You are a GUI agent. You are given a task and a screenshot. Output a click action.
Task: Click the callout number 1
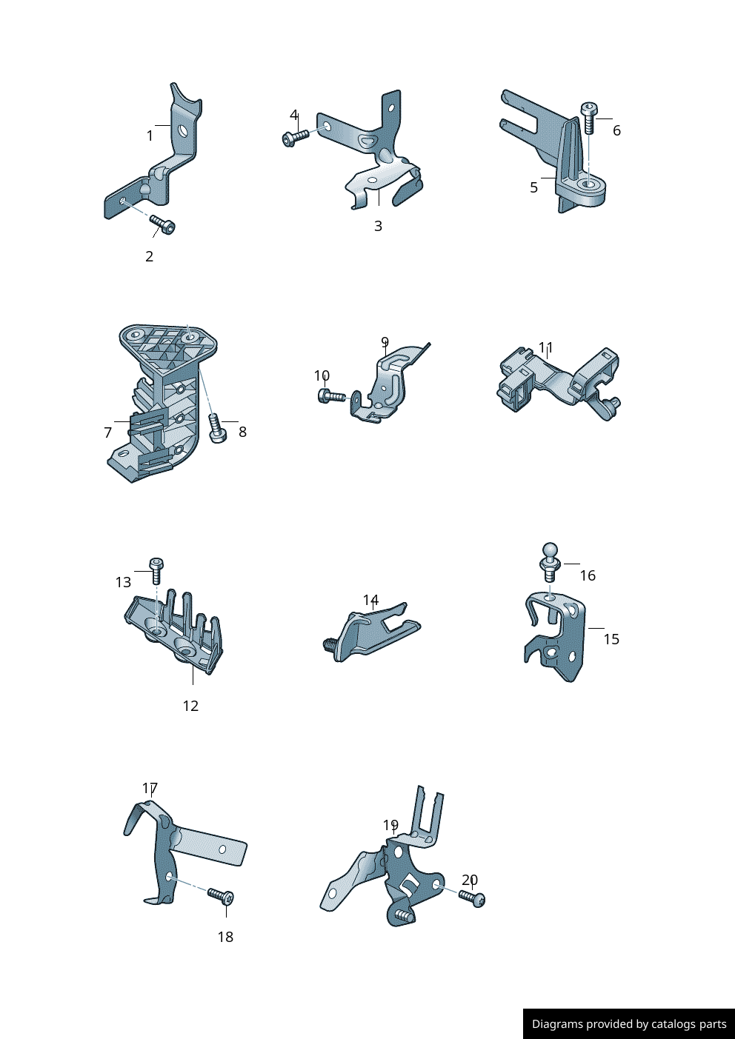[x=150, y=136]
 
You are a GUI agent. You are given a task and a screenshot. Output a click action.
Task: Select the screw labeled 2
[x=162, y=224]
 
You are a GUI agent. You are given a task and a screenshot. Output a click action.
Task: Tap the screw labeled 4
[x=296, y=137]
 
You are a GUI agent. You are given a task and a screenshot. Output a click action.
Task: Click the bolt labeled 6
[x=589, y=117]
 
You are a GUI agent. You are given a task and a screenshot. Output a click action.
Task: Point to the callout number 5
[x=533, y=188]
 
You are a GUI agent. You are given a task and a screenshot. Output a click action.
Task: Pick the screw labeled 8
[x=216, y=428]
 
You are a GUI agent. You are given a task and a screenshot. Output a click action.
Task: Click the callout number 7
[x=108, y=432]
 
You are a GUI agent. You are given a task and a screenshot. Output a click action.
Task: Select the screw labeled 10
[x=331, y=396]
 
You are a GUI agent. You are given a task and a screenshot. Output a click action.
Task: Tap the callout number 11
[x=545, y=347]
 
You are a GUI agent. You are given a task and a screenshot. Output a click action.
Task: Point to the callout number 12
[x=190, y=706]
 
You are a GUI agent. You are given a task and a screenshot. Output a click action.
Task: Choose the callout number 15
[x=611, y=639]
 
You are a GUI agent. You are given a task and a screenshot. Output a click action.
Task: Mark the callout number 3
[x=378, y=227]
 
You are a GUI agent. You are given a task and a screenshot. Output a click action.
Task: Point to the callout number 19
[x=390, y=825]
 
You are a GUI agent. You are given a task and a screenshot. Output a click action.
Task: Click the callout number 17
[x=150, y=788]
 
